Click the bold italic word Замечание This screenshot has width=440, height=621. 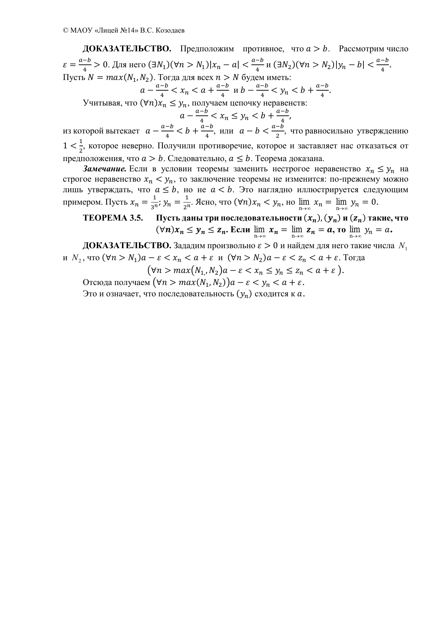point(105,169)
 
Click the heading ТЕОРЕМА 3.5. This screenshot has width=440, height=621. point(113,218)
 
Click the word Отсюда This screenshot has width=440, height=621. point(95,283)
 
